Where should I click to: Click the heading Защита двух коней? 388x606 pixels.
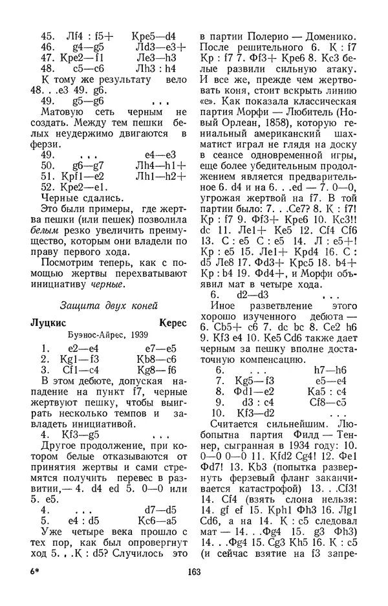pos(108,305)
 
